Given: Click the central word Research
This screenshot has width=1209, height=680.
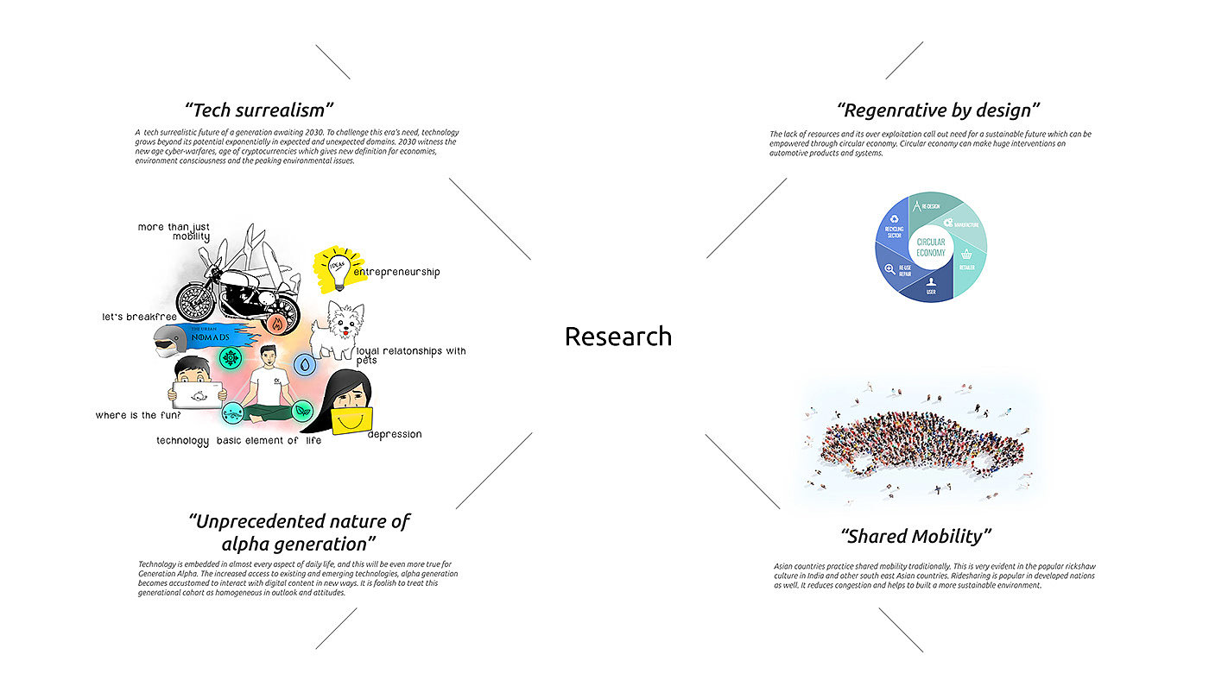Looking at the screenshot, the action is pyautogui.click(x=617, y=336).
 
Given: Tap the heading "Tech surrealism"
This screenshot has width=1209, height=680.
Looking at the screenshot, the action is pyautogui.click(x=259, y=110).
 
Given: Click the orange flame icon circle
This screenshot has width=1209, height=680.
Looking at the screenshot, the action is pyautogui.click(x=277, y=324).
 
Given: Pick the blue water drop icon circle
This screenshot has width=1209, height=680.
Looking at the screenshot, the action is pyautogui.click(x=306, y=365).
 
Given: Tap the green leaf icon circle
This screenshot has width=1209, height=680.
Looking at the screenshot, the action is pyautogui.click(x=302, y=412).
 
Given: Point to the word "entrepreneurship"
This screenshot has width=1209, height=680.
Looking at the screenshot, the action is pyautogui.click(x=396, y=272).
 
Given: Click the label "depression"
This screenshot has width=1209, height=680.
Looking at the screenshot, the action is pyautogui.click(x=395, y=434).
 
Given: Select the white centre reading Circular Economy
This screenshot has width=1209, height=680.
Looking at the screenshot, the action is pyautogui.click(x=930, y=247).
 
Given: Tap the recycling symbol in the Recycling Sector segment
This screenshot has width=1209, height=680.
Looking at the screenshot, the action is pyautogui.click(x=895, y=219).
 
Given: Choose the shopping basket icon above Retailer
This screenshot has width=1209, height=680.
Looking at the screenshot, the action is pyautogui.click(x=967, y=255).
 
